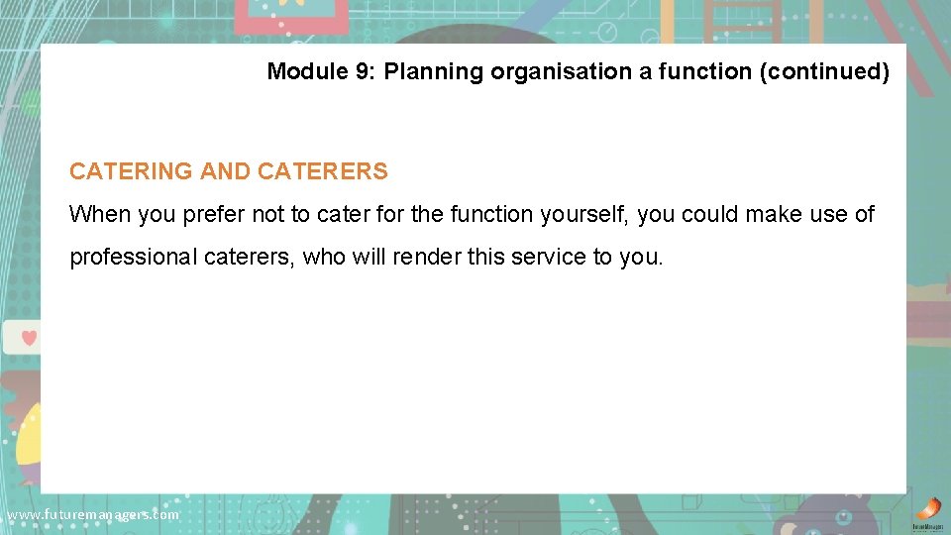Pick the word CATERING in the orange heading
tap(131, 171)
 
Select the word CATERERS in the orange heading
tap(323, 171)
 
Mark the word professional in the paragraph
tap(134, 258)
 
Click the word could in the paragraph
tap(707, 214)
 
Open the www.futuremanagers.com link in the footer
tap(92, 515)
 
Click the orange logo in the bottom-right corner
tap(928, 509)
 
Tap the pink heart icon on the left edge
tap(29, 338)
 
